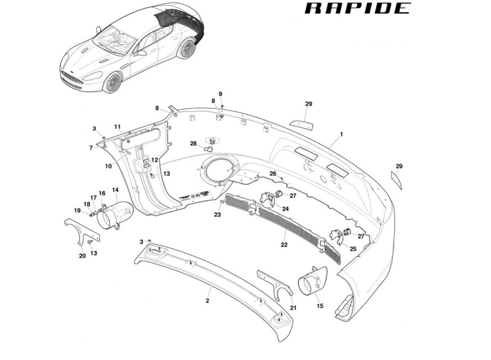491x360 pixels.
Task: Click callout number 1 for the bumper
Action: [341, 134]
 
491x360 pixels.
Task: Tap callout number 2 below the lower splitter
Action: [207, 301]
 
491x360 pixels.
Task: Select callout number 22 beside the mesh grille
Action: [284, 244]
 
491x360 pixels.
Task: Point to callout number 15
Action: [319, 305]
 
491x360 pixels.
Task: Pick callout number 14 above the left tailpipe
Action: [115, 190]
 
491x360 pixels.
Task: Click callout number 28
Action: [193, 144]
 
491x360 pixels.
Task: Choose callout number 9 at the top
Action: [221, 93]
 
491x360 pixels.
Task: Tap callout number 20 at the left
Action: [82, 256]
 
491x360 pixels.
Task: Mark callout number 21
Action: [293, 307]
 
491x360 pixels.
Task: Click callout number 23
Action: [217, 215]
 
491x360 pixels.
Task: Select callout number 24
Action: [285, 209]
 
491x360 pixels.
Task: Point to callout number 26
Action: [273, 174]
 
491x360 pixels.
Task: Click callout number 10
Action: [108, 166]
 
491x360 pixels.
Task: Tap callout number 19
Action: [78, 210]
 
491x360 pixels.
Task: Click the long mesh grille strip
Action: [282, 228]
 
